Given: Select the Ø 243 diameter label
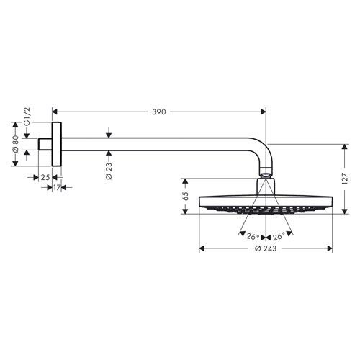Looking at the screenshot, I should coord(264,248).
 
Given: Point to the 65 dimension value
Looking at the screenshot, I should coord(184,195).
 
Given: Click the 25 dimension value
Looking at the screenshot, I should coord(45,177).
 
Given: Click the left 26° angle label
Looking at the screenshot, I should coord(252,236).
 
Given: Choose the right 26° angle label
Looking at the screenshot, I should coord(278,236).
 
